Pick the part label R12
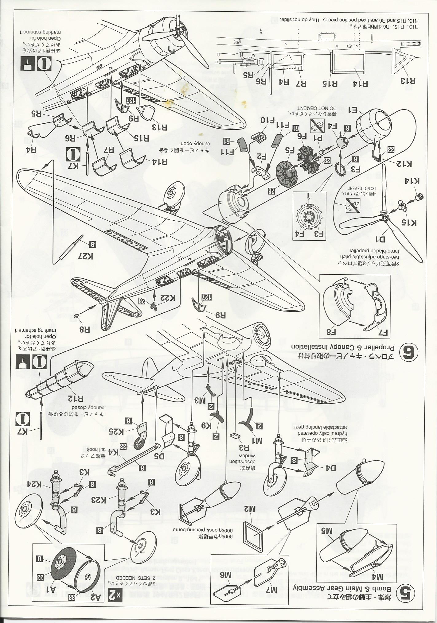point(75,398)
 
